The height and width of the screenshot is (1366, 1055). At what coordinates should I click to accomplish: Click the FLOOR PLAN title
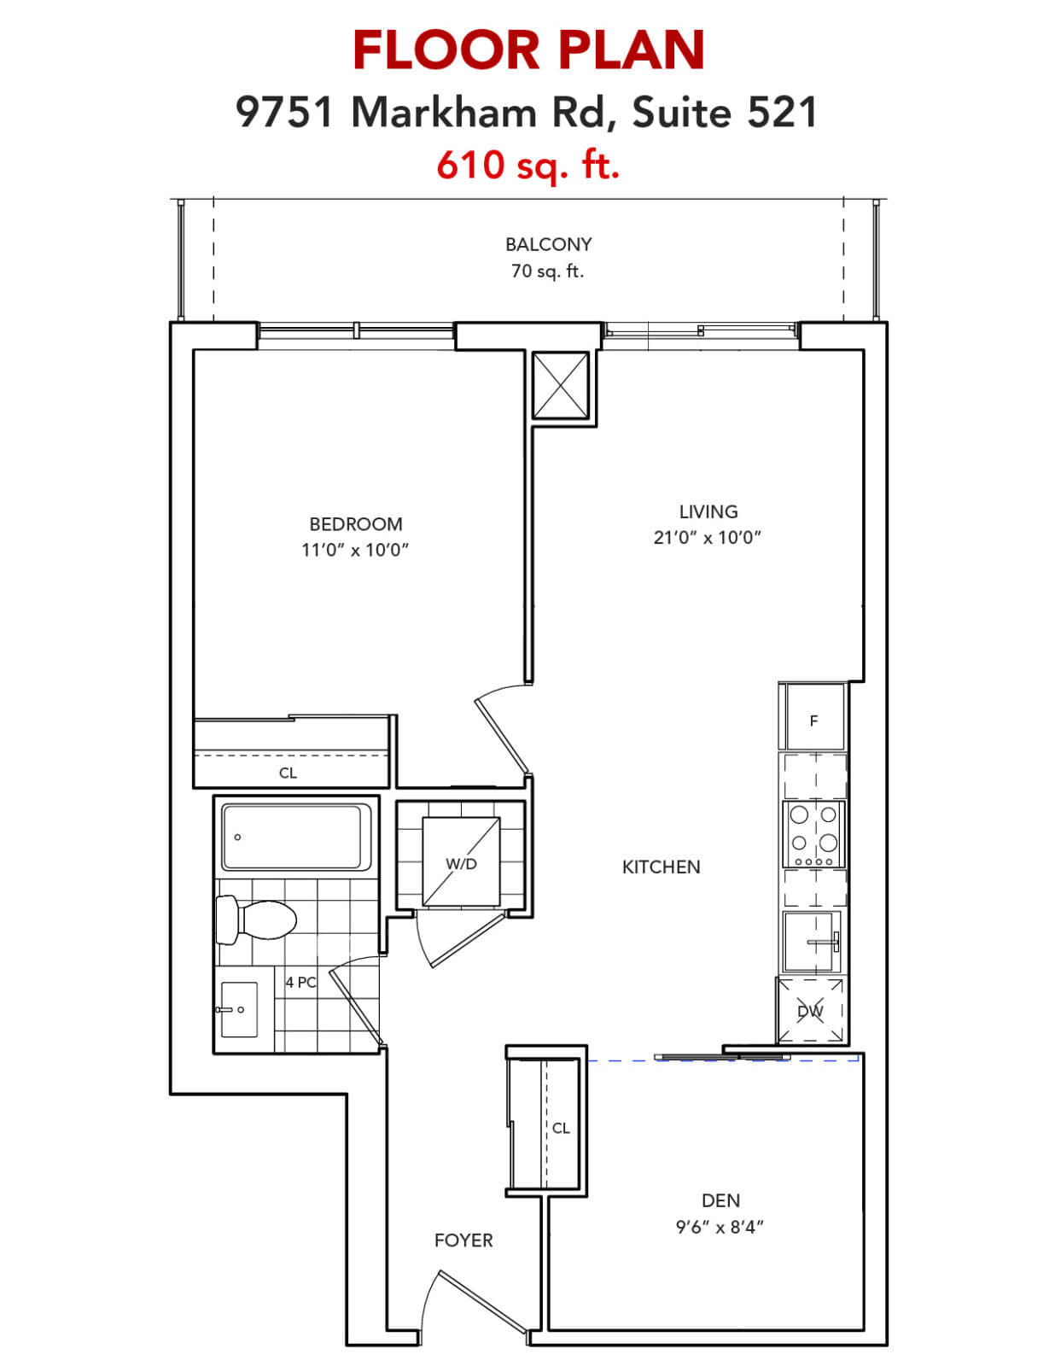[x=527, y=50]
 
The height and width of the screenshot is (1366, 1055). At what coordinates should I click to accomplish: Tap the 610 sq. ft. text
[x=527, y=165]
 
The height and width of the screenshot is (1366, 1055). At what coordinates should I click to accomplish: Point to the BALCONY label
[x=549, y=244]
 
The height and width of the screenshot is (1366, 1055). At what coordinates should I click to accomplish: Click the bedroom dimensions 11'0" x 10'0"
[x=355, y=550]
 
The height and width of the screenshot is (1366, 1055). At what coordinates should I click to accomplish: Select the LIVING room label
[x=708, y=511]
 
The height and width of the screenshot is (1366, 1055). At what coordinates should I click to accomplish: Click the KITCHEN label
[x=661, y=867]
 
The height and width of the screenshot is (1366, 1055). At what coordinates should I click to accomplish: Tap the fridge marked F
[x=813, y=716]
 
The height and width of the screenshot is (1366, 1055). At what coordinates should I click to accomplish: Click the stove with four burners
[x=813, y=833]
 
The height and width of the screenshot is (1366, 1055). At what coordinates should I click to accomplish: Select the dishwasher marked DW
[x=811, y=1010]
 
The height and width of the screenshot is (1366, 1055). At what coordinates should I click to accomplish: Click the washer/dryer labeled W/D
[x=461, y=861]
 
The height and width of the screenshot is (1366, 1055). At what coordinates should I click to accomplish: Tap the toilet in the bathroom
[x=255, y=919]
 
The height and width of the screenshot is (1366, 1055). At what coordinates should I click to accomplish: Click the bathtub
[x=296, y=837]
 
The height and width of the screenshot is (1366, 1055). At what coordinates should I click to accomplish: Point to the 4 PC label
[x=301, y=982]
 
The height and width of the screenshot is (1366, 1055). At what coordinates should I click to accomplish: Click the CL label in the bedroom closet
[x=288, y=773]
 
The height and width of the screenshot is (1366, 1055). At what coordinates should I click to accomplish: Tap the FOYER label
[x=463, y=1240]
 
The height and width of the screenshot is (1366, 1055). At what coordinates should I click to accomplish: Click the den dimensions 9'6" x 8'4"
[x=720, y=1227]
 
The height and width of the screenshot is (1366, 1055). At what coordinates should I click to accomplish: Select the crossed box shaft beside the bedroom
[x=561, y=385]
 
